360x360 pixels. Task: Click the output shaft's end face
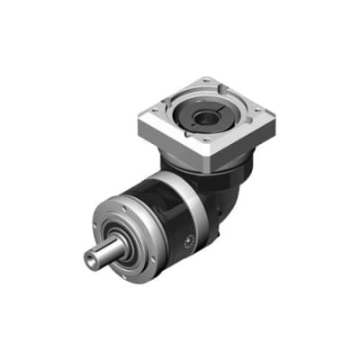tap(92, 257)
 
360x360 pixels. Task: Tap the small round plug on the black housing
tap(188, 240)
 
